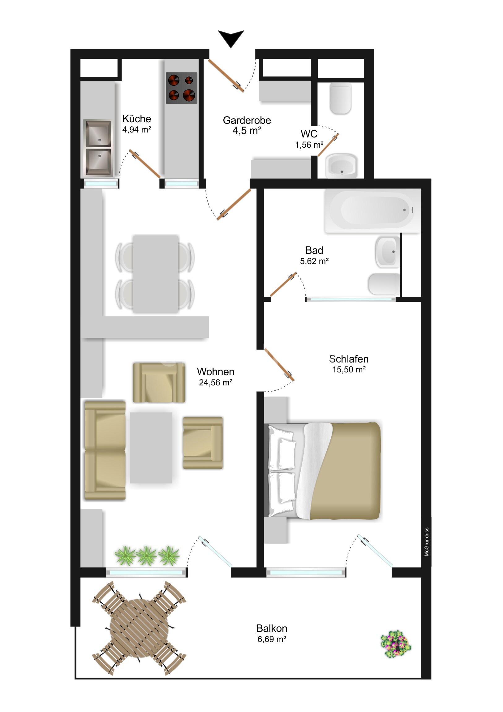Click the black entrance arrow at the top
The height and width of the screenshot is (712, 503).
click(231, 37)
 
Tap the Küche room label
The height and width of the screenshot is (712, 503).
click(137, 119)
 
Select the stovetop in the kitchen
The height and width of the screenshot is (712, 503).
click(182, 88)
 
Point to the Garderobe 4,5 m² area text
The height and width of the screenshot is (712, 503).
click(247, 131)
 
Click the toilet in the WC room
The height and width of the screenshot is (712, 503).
click(341, 98)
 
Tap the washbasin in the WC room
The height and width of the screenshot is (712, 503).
click(341, 166)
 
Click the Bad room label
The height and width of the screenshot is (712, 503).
click(314, 250)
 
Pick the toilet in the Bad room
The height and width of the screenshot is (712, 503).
click(384, 284)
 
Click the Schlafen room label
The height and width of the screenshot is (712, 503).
click(349, 359)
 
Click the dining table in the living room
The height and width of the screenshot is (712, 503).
click(156, 274)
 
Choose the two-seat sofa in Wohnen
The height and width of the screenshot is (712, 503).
click(105, 450)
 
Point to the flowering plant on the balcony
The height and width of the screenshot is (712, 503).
click(396, 644)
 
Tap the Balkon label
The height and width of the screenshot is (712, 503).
click(272, 628)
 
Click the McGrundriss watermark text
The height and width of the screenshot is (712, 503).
click(427, 541)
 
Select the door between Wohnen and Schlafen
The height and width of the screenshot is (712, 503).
click(279, 364)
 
